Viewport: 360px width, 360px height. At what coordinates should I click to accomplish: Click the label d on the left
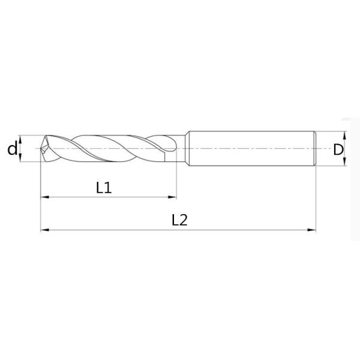[x=12, y=148]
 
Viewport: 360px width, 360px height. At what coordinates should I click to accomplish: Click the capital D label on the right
[x=339, y=149]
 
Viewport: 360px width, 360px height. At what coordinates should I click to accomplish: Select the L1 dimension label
[x=104, y=188]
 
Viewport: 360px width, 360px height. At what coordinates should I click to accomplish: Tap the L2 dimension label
[x=179, y=220]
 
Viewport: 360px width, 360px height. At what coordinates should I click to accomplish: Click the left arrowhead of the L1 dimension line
[x=44, y=197]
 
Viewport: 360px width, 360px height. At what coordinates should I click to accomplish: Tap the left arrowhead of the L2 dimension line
[x=44, y=229]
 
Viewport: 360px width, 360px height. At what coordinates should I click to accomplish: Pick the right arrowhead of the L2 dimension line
[x=312, y=229]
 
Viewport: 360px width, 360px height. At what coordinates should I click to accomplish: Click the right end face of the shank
[x=315, y=148]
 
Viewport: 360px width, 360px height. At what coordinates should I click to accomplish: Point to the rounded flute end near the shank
[x=174, y=148]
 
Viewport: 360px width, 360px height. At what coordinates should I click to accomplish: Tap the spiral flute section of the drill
[x=108, y=148]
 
